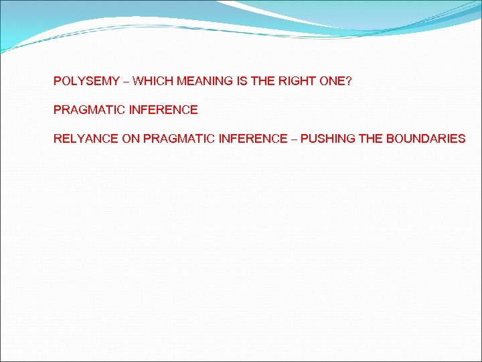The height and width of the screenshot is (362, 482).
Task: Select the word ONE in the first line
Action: pos(333,81)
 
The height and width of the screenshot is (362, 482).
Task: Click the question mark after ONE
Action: pos(349,81)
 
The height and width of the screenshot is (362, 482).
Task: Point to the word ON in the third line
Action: pos(131,139)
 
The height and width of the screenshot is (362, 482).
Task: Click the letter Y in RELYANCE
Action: pos(79,139)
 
